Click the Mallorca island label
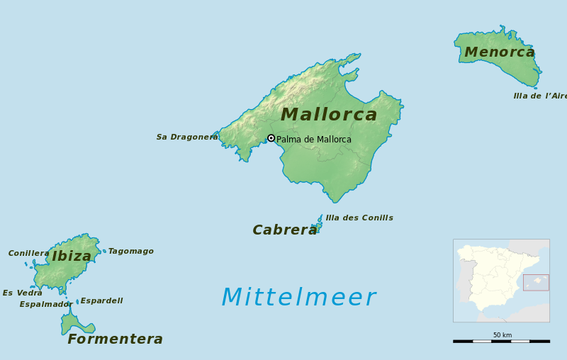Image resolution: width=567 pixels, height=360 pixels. tap(329, 115)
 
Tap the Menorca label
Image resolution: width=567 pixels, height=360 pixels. tap(500, 52)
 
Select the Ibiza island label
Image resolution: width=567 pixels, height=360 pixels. tap(72, 257)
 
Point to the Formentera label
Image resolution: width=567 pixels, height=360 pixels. tap(115, 339)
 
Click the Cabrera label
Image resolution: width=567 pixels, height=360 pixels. tap(285, 230)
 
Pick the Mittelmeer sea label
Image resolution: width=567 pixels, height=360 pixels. tap(298, 298)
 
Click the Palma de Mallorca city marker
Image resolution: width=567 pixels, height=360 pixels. tap(271, 138)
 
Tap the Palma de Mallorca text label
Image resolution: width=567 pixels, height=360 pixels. tap(314, 140)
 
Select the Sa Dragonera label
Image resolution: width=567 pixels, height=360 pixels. tap(187, 137)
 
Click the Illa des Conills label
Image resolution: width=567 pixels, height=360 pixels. tap(359, 218)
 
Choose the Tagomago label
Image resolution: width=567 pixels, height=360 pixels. tap(131, 252)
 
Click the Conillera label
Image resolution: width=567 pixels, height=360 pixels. tap(29, 254)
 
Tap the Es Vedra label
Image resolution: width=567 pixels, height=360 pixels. tap(23, 293)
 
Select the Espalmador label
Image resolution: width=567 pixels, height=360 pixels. tap(45, 305)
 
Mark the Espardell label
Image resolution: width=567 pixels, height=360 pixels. tap(101, 301)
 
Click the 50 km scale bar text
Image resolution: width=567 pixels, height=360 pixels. tap(503, 335)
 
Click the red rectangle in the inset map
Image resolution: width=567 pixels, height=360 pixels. tap(536, 282)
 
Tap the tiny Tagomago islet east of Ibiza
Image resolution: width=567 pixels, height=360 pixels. tap(104, 251)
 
